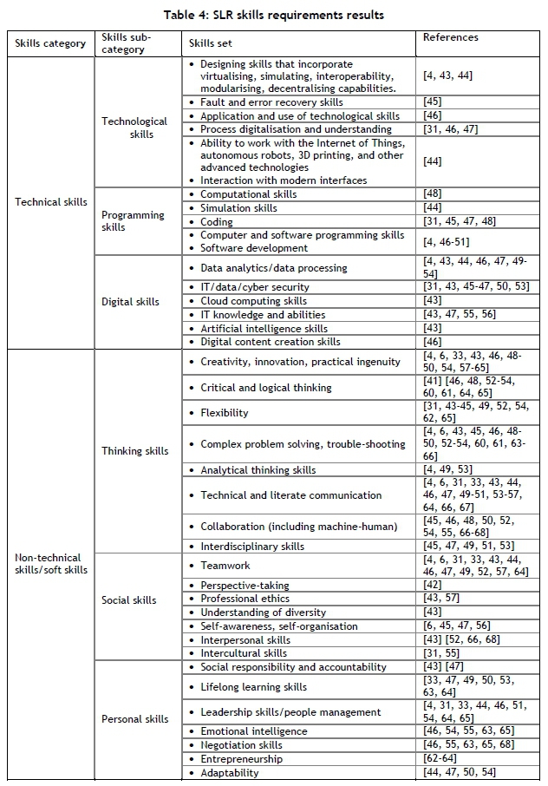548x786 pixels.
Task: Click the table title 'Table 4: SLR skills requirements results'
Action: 273,15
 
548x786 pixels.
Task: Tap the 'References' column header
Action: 451,38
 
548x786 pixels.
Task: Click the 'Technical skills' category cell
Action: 52,202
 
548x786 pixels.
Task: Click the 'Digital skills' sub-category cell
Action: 131,302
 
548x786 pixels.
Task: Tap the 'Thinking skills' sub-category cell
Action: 135,450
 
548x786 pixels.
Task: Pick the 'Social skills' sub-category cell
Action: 129,599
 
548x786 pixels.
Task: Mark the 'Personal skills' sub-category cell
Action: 135,718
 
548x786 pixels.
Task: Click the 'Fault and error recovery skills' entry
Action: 271,102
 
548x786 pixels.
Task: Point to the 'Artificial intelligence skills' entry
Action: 264,329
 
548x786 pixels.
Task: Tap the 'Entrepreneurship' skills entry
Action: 241,759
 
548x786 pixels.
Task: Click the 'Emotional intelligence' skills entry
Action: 253,731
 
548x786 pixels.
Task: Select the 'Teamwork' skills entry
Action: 225,566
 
